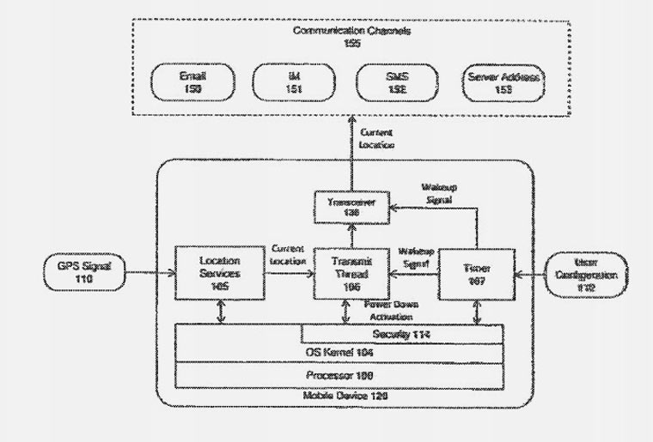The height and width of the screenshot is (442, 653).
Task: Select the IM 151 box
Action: (293, 82)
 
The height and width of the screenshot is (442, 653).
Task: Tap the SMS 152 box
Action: (395, 82)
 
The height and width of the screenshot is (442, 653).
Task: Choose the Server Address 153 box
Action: (503, 82)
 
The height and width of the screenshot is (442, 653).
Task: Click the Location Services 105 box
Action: (218, 273)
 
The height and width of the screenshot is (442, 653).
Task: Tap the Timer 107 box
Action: (477, 273)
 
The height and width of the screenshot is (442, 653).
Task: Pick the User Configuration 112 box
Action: (589, 273)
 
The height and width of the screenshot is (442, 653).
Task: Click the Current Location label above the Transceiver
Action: (377, 140)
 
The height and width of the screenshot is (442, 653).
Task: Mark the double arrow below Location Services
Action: (223, 312)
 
